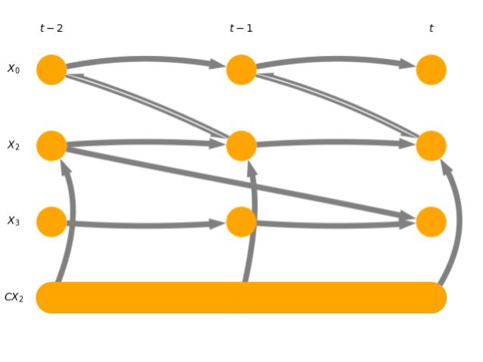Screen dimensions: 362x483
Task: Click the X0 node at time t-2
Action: (51, 70)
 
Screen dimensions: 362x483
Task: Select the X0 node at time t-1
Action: (241, 70)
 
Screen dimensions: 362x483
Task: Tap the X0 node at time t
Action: (431, 70)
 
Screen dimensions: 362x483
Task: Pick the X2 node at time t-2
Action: (51, 145)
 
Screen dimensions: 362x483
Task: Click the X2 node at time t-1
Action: (241, 145)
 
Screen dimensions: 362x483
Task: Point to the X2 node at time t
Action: (431, 145)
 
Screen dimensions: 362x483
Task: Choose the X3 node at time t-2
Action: (51, 221)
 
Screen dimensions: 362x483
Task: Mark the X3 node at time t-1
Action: (241, 221)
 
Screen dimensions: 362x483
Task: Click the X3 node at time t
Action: (431, 221)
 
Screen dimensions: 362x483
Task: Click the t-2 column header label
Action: (51, 29)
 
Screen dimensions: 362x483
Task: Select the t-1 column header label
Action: (241, 29)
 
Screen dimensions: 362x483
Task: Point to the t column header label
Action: (431, 29)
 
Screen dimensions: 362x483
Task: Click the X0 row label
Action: (14, 70)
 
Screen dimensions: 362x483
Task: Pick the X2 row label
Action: (14, 145)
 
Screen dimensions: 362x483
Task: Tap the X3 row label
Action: (14, 221)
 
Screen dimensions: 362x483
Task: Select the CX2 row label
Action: (14, 298)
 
